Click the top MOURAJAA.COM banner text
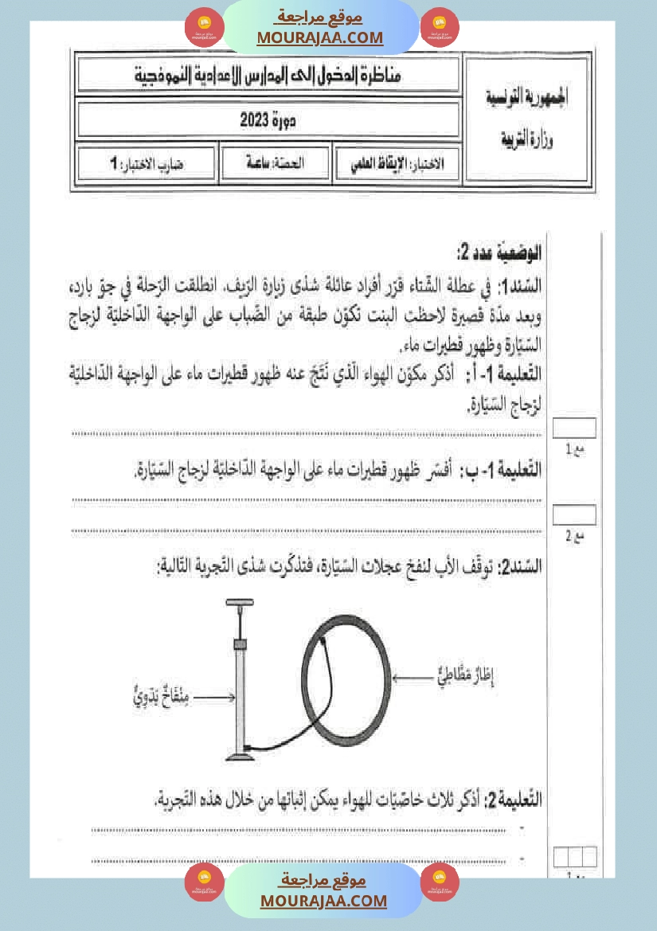pyautogui.click(x=320, y=37)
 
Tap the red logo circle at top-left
pyautogui.click(x=204, y=27)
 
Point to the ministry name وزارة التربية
pyautogui.click(x=526, y=141)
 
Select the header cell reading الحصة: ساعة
pyautogui.click(x=275, y=162)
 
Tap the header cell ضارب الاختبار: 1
pyautogui.click(x=147, y=164)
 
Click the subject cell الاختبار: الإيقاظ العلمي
pyautogui.click(x=397, y=163)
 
